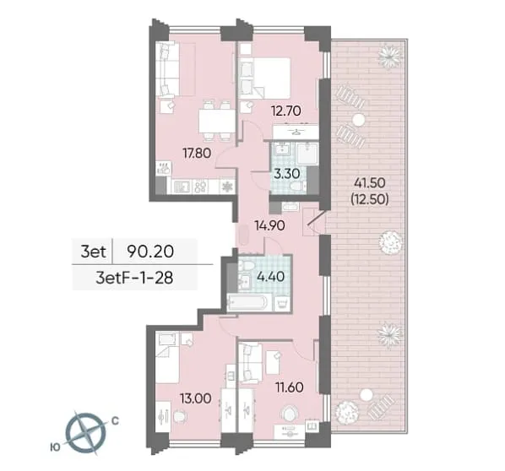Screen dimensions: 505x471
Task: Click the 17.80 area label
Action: pyautogui.click(x=197, y=153)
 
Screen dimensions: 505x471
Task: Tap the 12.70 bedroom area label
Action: pyautogui.click(x=286, y=111)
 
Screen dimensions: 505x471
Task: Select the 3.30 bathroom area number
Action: pyautogui.click(x=287, y=174)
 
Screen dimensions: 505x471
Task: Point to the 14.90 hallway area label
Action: pyautogui.click(x=269, y=225)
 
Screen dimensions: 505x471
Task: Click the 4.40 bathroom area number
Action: pyautogui.click(x=271, y=276)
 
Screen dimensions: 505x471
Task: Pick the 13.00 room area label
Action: pyautogui.click(x=195, y=398)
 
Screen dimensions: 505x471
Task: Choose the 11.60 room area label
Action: pyautogui.click(x=289, y=387)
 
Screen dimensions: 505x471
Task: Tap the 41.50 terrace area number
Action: pyautogui.click(x=369, y=183)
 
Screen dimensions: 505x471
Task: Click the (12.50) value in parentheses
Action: pyautogui.click(x=369, y=199)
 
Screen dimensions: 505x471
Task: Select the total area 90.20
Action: pyautogui.click(x=150, y=252)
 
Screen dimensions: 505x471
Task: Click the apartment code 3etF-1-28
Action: pyautogui.click(x=134, y=278)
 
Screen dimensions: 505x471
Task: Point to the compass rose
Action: pyautogui.click(x=85, y=432)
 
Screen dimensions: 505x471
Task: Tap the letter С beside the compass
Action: pyautogui.click(x=115, y=421)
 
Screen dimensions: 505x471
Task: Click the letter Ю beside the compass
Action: pyautogui.click(x=56, y=447)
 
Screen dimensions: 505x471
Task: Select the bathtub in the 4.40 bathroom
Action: pyautogui.click(x=247, y=303)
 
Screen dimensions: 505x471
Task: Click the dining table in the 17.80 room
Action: pyautogui.click(x=217, y=121)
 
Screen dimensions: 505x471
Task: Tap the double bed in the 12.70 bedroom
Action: pyautogui.click(x=264, y=78)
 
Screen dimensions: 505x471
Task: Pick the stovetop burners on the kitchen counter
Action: pyautogui.click(x=200, y=187)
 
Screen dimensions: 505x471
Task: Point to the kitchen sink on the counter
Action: pyautogui.click(x=180, y=187)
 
